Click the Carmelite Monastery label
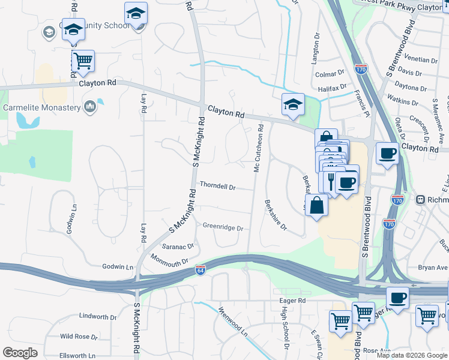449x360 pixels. click(41, 108)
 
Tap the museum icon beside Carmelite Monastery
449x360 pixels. click(90, 107)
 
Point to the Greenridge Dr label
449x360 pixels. click(223, 228)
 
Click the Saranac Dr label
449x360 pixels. click(178, 246)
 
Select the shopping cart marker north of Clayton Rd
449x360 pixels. click(83, 60)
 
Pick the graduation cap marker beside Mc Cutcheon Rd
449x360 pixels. click(293, 104)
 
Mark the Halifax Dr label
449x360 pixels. click(333, 88)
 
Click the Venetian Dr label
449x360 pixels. click(421, 60)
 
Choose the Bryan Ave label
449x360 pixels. click(433, 268)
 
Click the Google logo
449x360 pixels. click(20, 353)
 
